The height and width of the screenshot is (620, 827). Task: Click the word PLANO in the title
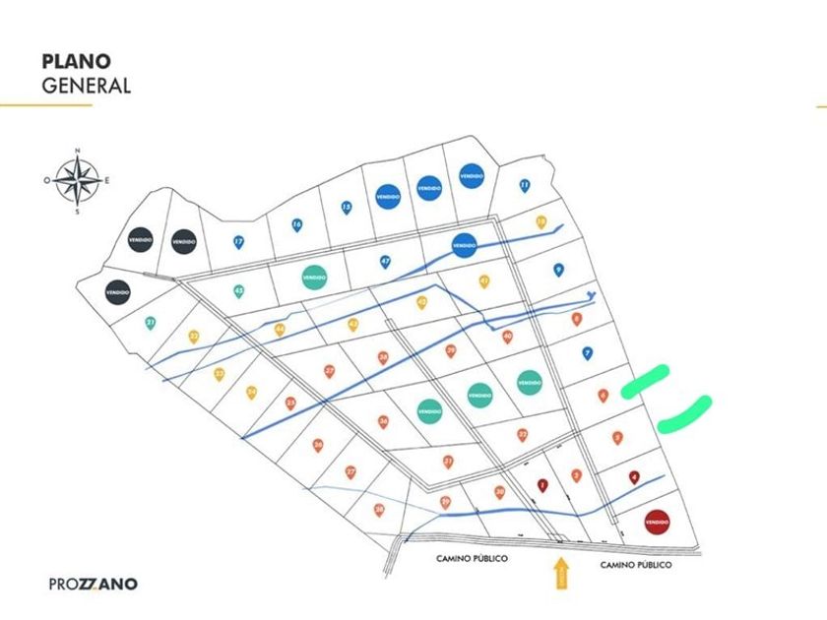[76, 61]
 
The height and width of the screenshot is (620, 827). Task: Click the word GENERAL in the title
[86, 86]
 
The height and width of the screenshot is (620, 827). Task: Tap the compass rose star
[78, 180]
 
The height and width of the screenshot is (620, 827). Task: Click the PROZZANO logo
[94, 584]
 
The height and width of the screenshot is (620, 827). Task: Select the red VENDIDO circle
[658, 521]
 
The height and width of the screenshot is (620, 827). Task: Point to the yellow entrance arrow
[561, 572]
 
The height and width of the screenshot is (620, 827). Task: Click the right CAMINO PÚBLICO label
[636, 564]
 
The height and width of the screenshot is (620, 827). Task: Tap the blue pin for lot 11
[525, 185]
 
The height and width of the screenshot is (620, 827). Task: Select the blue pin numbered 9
[558, 269]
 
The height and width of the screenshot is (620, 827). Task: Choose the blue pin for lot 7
[587, 352]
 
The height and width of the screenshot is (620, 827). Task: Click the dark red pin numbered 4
[635, 477]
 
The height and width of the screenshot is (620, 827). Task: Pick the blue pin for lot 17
[238, 241]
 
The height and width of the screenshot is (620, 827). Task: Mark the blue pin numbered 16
[297, 225]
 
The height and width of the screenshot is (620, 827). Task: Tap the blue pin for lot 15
[347, 208]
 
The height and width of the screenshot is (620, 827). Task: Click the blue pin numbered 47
[386, 262]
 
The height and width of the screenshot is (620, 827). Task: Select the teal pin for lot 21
[151, 322]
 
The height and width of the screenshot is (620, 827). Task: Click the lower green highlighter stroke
[685, 414]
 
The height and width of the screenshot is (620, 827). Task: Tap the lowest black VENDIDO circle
[118, 292]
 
